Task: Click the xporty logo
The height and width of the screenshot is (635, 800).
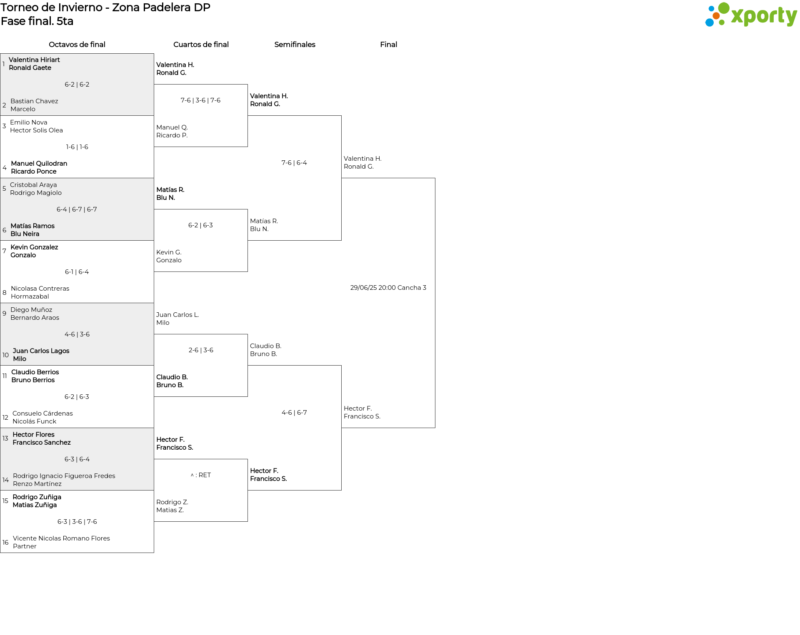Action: click(751, 15)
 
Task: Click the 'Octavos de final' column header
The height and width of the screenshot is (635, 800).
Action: click(77, 45)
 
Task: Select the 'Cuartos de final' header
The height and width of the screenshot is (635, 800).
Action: click(201, 45)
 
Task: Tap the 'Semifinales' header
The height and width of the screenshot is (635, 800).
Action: click(295, 45)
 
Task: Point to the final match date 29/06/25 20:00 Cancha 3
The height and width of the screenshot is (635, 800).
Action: click(388, 288)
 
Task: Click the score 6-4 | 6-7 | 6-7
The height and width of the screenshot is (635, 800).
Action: click(77, 209)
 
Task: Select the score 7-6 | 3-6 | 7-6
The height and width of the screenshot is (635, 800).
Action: click(200, 100)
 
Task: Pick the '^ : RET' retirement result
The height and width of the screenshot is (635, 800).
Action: click(201, 475)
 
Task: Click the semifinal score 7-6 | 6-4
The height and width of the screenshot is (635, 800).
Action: click(294, 163)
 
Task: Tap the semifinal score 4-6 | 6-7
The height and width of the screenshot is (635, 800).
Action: click(294, 413)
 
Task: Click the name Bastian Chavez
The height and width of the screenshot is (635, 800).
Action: click(34, 101)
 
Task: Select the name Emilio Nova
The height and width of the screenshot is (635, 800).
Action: click(29, 122)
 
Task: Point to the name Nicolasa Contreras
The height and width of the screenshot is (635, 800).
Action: click(40, 289)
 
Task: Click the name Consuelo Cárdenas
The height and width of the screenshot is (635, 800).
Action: click(42, 413)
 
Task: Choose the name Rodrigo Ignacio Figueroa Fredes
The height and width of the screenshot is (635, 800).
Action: click(64, 476)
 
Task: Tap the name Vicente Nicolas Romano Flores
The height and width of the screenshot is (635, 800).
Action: click(61, 538)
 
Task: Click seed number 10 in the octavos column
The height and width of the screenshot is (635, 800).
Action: click(5, 355)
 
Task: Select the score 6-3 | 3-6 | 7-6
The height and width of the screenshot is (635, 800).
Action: click(77, 522)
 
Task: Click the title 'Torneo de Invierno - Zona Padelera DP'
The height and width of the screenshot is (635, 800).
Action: click(105, 7)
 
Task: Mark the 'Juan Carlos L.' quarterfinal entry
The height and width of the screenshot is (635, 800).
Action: click(177, 315)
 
